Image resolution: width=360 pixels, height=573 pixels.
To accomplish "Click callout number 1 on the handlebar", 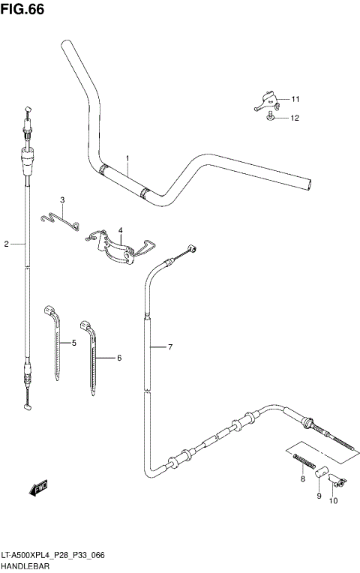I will coord(127,158).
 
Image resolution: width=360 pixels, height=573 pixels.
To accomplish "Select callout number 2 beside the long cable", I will coord(6,244).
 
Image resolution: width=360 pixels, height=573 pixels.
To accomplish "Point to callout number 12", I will coord(295,118).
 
